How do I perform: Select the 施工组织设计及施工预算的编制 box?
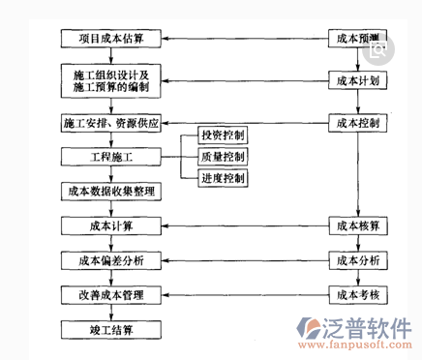pos(111,81)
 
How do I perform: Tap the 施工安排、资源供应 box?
pos(111,124)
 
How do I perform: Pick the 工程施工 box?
pos(111,156)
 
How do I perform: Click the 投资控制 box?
pos(222,134)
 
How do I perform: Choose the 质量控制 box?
pos(222,156)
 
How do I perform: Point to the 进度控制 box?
pos(222,178)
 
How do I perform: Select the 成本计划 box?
pos(359,80)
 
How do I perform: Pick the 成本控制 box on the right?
pos(359,124)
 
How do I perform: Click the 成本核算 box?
pos(359,225)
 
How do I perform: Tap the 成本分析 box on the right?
pos(359,260)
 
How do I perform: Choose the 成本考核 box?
pos(359,293)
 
